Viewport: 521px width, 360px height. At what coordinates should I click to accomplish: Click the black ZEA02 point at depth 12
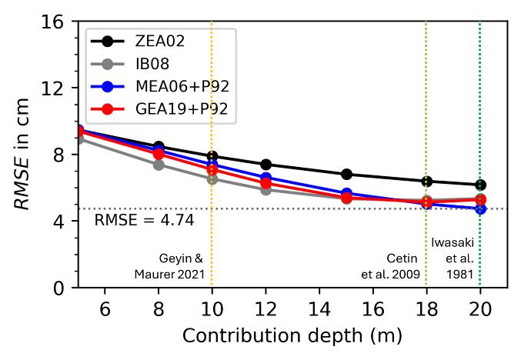click(x=266, y=165)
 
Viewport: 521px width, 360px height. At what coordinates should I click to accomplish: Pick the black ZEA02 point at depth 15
click(x=346, y=175)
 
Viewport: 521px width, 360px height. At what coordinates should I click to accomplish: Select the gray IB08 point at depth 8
click(x=159, y=165)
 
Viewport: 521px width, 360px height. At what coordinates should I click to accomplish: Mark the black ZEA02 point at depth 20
click(x=480, y=185)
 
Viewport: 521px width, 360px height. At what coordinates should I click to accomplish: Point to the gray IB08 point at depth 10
click(x=212, y=179)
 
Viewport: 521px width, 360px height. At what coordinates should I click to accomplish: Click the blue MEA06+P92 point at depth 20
click(x=480, y=209)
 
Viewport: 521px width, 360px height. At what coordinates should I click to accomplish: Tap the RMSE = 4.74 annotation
click(x=144, y=222)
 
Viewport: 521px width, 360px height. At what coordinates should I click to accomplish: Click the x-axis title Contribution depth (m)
click(x=292, y=337)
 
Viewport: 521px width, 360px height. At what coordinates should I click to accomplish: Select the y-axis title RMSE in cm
click(x=22, y=154)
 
